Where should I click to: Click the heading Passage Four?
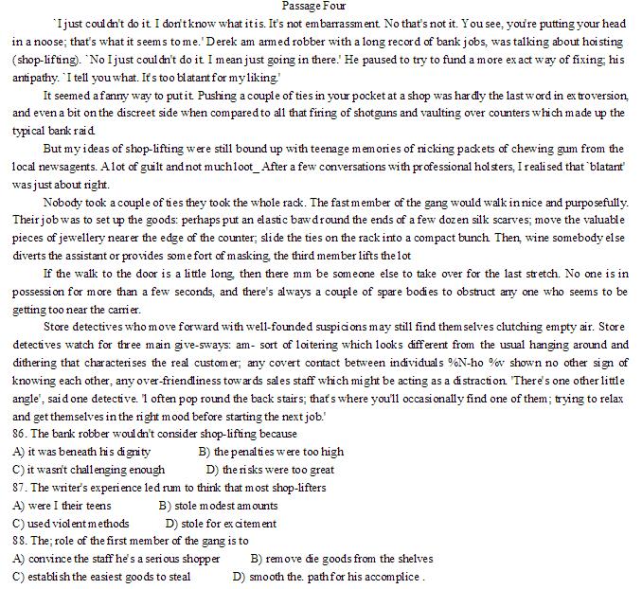point(320,7)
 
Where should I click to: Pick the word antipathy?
point(35,78)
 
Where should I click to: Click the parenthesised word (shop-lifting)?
point(45,60)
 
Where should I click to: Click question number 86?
point(22,435)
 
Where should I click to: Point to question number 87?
point(22,488)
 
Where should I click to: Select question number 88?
point(22,541)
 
